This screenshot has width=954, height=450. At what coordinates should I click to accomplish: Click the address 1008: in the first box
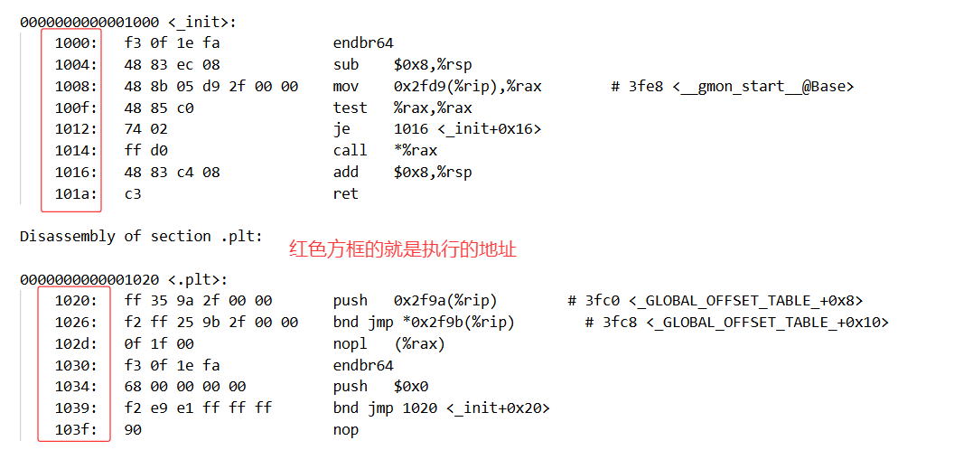[75, 87]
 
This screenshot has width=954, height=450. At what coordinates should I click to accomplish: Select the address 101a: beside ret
[75, 193]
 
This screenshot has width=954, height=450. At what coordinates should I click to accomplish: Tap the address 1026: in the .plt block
[75, 322]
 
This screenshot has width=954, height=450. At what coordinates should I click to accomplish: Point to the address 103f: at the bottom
[75, 429]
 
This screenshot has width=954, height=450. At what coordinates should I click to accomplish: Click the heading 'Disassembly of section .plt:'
[142, 236]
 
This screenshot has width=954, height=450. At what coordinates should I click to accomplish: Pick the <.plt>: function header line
[124, 279]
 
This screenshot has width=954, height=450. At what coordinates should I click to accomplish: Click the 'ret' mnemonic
[346, 193]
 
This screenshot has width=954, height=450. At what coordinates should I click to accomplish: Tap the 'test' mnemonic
[351, 108]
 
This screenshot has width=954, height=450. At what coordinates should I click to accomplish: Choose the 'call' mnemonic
[351, 150]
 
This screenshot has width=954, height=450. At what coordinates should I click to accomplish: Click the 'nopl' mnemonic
[351, 343]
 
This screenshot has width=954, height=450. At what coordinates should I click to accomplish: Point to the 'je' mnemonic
[341, 129]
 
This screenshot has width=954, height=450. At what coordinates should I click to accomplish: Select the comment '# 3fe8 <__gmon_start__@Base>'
[732, 87]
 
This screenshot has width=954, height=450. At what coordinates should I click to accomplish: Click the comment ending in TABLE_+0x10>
[736, 322]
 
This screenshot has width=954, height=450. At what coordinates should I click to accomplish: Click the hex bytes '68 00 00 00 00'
[185, 387]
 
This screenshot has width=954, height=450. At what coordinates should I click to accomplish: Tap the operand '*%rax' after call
[416, 150]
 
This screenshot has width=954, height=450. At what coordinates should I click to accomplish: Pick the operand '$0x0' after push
[411, 387]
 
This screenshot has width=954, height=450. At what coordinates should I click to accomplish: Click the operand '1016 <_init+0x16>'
[467, 129]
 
